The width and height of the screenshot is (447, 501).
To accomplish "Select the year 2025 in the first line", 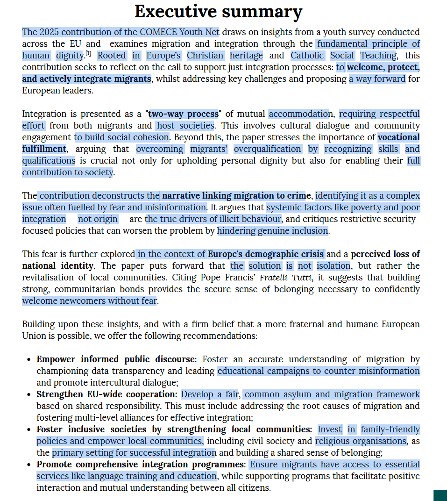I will click(49, 32).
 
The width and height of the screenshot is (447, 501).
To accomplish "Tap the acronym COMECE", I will click(157, 32).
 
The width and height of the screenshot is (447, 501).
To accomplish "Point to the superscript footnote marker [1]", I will click(88, 53).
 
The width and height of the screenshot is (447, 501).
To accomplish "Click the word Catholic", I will click(307, 56).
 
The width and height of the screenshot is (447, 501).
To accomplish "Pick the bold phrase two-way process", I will click(183, 114).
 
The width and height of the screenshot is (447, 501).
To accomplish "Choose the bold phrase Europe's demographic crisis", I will click(266, 254).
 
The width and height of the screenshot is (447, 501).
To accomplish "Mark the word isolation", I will click(333, 266).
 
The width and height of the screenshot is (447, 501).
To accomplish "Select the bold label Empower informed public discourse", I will click(115, 359).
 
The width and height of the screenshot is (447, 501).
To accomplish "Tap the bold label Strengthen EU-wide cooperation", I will click(106, 394).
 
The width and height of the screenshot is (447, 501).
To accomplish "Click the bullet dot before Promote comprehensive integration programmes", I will click(29, 465).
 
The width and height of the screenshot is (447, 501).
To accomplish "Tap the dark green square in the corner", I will click(440, 495).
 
